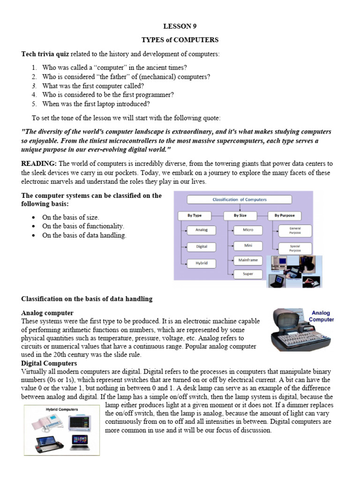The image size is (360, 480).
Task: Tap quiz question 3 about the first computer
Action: pyautogui.click(x=93, y=86)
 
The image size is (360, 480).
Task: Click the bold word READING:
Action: pyautogui.click(x=39, y=164)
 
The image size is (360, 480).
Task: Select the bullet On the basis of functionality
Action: pyautogui.click(x=83, y=226)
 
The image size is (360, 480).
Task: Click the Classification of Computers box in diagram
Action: pyautogui.click(x=239, y=200)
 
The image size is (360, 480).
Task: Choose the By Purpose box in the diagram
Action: pyautogui.click(x=285, y=216)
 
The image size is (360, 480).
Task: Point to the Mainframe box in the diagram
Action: pyautogui.click(x=248, y=260)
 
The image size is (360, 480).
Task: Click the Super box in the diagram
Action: pyautogui.click(x=248, y=273)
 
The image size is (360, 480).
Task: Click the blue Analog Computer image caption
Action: pyautogui.click(x=321, y=316)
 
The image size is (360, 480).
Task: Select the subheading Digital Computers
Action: pyautogui.click(x=49, y=363)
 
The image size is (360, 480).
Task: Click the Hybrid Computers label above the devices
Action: pyautogui.click(x=62, y=409)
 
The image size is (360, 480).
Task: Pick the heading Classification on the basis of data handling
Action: pyautogui.click(x=87, y=299)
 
